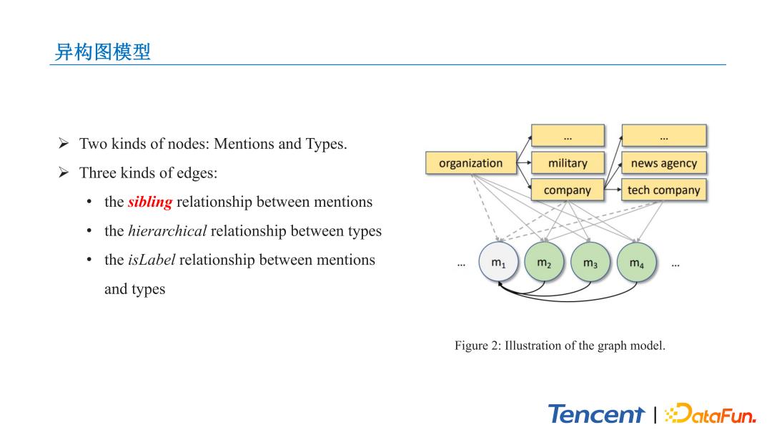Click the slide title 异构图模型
point(102,52)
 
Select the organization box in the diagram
point(470,163)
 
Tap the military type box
point(568,163)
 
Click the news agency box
point(663,163)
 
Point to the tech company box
point(663,190)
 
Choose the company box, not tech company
point(568,190)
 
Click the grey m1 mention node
point(499,263)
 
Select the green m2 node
point(545,263)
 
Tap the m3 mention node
point(590,263)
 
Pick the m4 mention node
point(636,263)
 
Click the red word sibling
point(150,202)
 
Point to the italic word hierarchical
point(167,231)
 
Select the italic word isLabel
point(152,260)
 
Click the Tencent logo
point(596,414)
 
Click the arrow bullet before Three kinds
point(63,173)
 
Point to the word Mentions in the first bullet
point(243,144)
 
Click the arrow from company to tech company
point(613,190)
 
